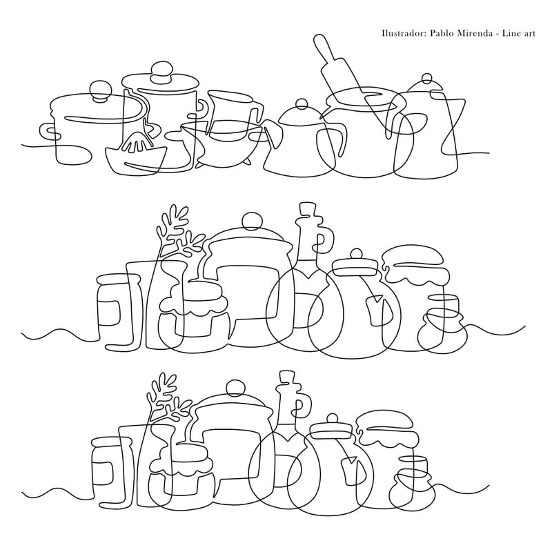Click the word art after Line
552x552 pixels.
tap(529, 34)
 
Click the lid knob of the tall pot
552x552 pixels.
tap(161, 72)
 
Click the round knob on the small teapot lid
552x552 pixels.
tap(302, 104)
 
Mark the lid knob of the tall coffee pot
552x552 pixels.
tap(426, 78)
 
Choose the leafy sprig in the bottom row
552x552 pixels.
tap(167, 399)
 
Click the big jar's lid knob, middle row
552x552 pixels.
tap(252, 221)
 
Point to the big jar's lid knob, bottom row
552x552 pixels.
tap(235, 389)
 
